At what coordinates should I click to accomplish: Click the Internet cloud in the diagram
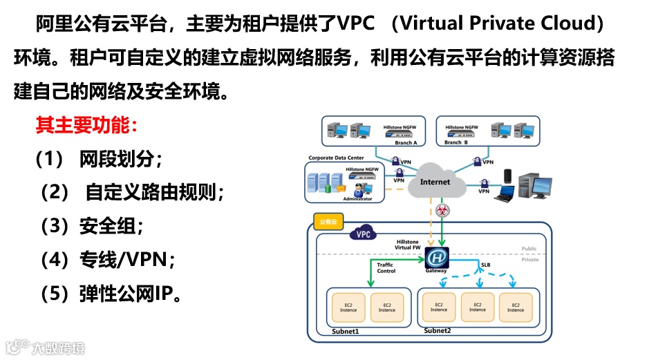coord(435,182)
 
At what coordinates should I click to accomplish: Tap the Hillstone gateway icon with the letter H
coord(435,258)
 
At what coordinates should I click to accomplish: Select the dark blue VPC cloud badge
coord(363,234)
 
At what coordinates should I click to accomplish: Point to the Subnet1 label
coord(346,332)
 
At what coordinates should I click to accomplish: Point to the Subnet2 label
coord(437,331)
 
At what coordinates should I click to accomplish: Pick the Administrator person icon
coord(359,188)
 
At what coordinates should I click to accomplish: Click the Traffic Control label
coord(386,267)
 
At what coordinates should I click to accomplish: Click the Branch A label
coord(406,143)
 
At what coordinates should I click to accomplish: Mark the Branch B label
coord(456,143)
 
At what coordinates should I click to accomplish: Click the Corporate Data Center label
coord(336,158)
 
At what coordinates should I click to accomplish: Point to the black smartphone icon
coord(507,176)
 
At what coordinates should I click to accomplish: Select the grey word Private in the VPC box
coord(530,260)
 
